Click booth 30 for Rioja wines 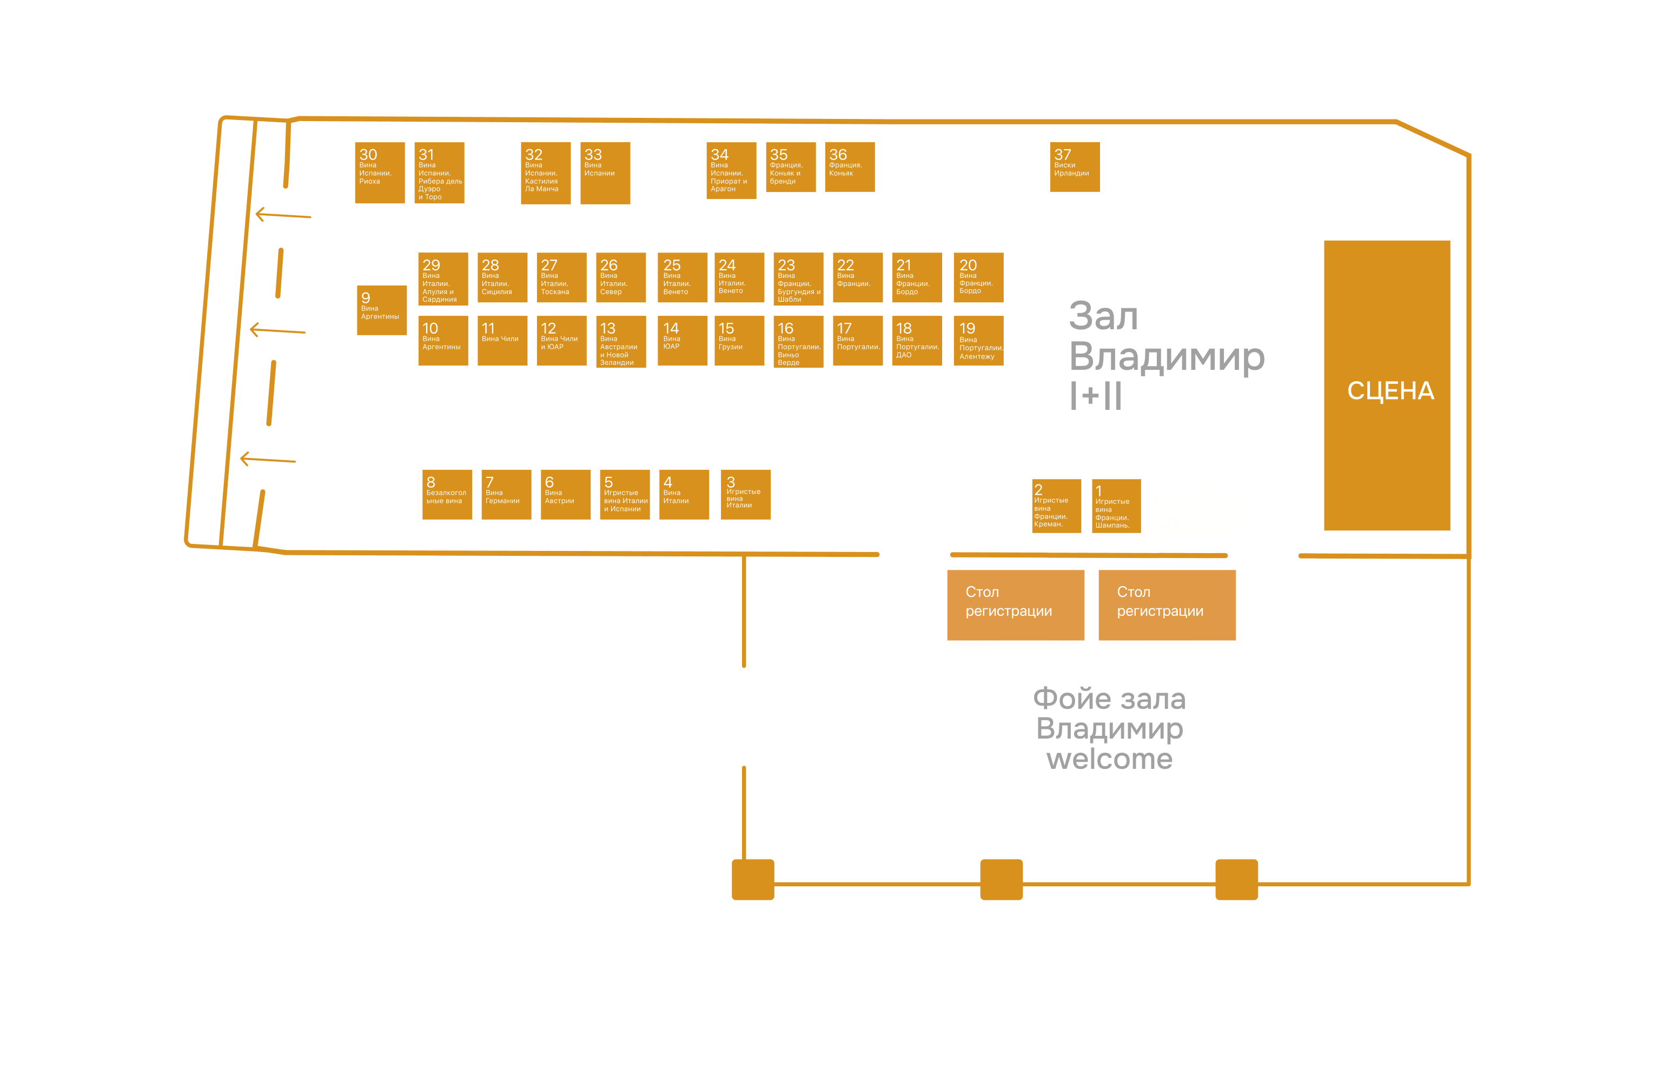tap(380, 172)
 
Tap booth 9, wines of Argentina tap(382, 310)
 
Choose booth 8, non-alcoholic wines tap(447, 495)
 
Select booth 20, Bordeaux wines tap(978, 277)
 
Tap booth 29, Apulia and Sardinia tap(443, 279)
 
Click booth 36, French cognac tap(850, 167)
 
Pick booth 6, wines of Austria tap(566, 495)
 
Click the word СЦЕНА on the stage tap(1390, 391)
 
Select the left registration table tap(1016, 605)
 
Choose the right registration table tap(1167, 605)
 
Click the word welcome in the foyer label tap(1109, 759)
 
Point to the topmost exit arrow tap(283, 215)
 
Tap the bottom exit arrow tap(268, 459)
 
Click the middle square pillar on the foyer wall tap(1001, 880)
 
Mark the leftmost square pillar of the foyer tap(753, 880)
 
